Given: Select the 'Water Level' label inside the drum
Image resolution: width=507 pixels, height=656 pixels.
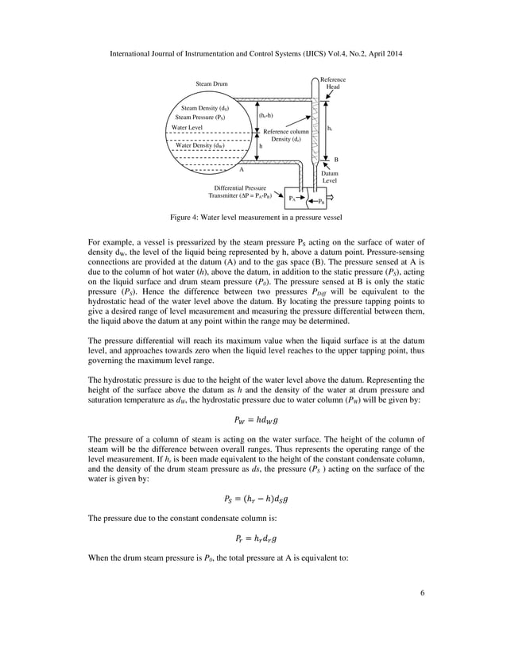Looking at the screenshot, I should coord(188,127).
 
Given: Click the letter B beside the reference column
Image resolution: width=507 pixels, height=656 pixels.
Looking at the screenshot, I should coord(335,159).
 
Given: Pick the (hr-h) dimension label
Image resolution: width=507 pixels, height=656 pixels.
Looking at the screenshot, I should coord(266,117).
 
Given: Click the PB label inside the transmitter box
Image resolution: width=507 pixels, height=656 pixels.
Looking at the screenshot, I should coord(320,203).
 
